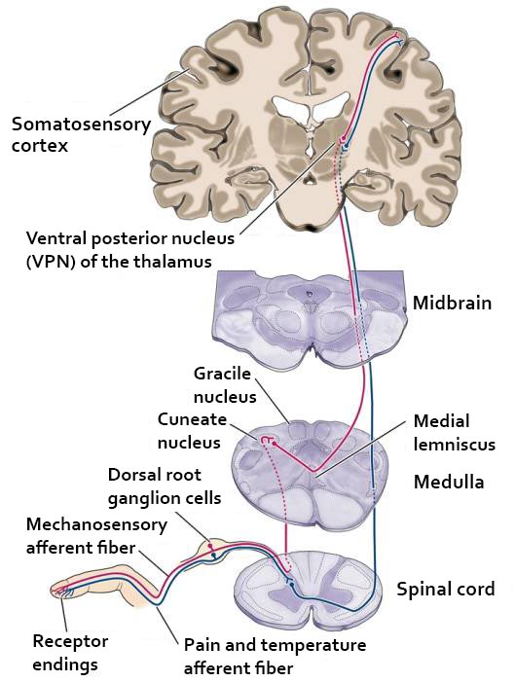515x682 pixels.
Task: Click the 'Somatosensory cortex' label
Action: (x=81, y=134)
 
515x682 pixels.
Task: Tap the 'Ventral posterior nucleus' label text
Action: (x=130, y=238)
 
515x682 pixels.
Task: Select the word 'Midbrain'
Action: (x=452, y=303)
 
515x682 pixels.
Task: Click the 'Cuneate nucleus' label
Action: (x=192, y=431)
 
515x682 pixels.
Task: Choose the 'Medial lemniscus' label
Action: (x=454, y=433)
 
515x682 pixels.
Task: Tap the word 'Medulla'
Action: (x=449, y=482)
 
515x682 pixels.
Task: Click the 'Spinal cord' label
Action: (x=445, y=589)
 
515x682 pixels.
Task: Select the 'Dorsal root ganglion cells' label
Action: (x=165, y=486)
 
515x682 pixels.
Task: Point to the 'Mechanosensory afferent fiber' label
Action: (x=96, y=536)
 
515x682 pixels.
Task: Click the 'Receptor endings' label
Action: (x=70, y=653)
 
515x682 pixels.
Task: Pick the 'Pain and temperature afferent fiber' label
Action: (x=275, y=656)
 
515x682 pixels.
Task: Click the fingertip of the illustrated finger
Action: (x=55, y=589)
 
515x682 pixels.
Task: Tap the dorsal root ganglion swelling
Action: (x=210, y=550)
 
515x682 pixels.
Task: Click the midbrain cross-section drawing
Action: (x=309, y=320)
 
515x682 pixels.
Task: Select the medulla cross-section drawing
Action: (x=310, y=474)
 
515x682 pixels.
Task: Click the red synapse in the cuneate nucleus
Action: (x=269, y=441)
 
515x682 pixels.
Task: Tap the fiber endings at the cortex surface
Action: (x=398, y=38)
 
